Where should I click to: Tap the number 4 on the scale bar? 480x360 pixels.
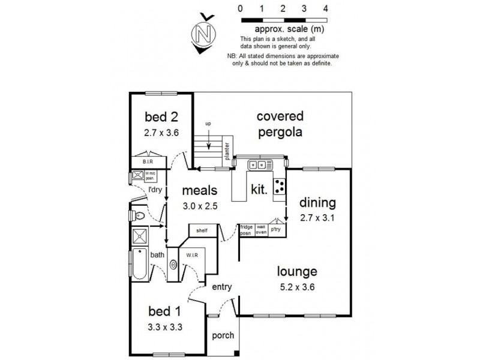coord(325,8)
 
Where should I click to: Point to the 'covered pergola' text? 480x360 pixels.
coord(280,124)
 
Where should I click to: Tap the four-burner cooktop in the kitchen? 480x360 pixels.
coord(280,187)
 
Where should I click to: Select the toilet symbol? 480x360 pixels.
coord(139,214)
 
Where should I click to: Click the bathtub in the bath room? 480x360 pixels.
coord(139,265)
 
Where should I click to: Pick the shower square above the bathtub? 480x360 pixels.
coord(139,236)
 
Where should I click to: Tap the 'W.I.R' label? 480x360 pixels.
coord(192,254)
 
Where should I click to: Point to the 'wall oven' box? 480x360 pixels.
coord(261,229)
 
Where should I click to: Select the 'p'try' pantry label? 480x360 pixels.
coord(276,230)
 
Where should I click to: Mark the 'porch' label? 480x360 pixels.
coord(223,335)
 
